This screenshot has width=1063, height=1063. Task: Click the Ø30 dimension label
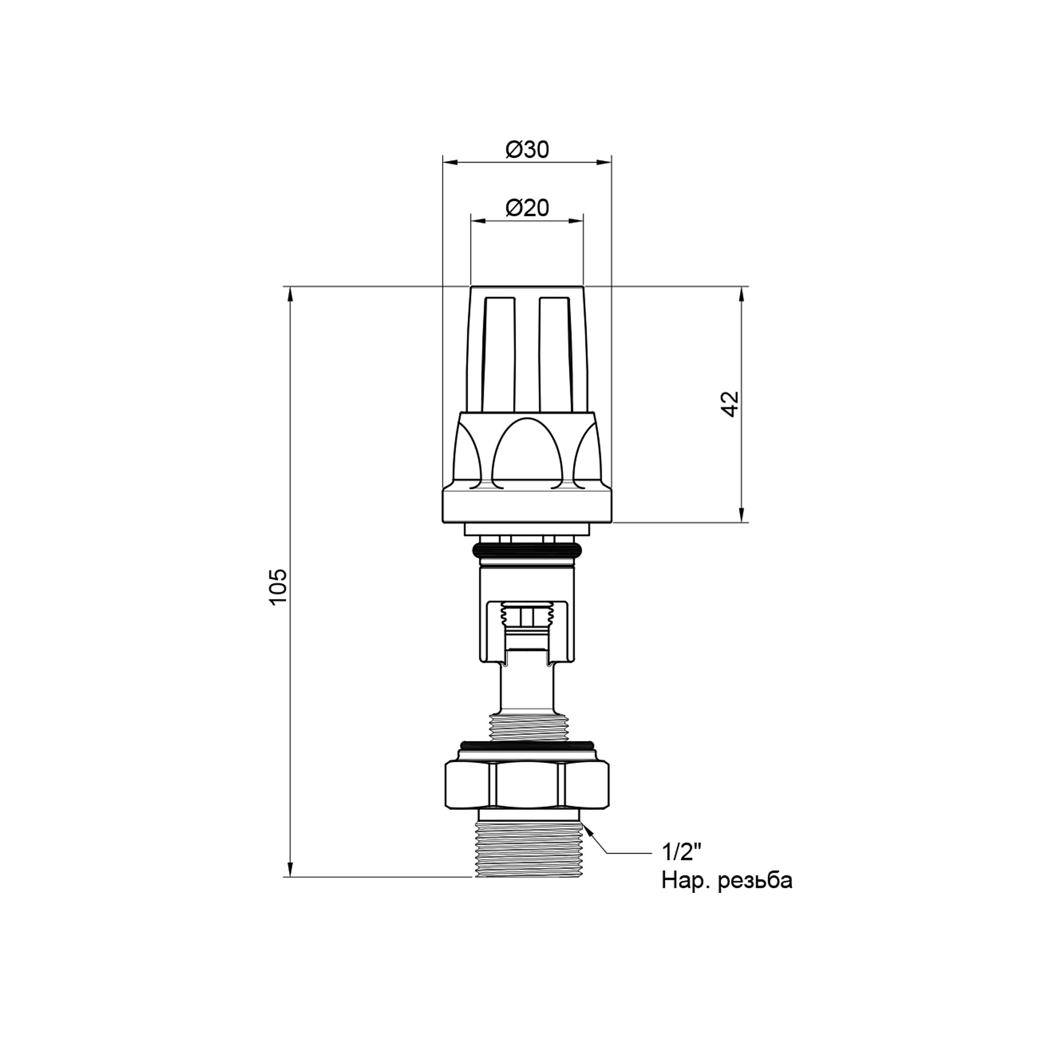[527, 150]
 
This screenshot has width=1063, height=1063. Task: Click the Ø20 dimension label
[527, 208]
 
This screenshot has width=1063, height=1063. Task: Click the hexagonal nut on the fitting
[527, 784]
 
